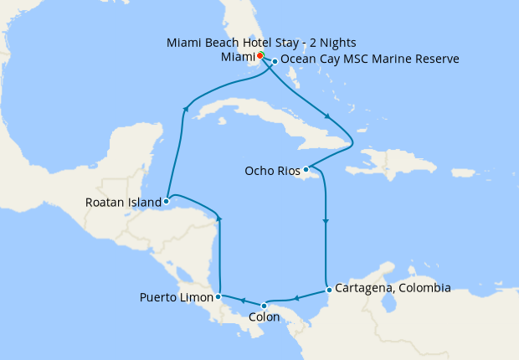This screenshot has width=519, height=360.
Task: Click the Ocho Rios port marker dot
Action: click(x=306, y=170)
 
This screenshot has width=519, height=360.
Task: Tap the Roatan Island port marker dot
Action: click(x=167, y=201)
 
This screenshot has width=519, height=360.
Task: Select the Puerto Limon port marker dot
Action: click(x=218, y=296)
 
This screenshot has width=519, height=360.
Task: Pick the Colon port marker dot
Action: click(x=265, y=305)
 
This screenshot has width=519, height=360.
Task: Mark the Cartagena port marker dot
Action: click(x=329, y=291)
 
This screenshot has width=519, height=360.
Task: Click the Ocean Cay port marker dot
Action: click(x=275, y=61)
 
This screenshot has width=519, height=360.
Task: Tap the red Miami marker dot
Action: click(x=260, y=55)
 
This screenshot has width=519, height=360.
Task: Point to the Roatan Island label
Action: click(x=123, y=202)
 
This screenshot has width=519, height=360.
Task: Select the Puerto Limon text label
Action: click(x=177, y=297)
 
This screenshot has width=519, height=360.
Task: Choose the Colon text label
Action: click(x=265, y=318)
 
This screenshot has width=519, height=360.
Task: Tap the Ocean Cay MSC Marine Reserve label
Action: click(x=370, y=59)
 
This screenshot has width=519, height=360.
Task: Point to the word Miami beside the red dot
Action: click(x=237, y=56)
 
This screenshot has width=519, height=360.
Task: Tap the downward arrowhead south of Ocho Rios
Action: click(x=325, y=222)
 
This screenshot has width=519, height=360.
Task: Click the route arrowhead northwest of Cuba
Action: click(x=185, y=108)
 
